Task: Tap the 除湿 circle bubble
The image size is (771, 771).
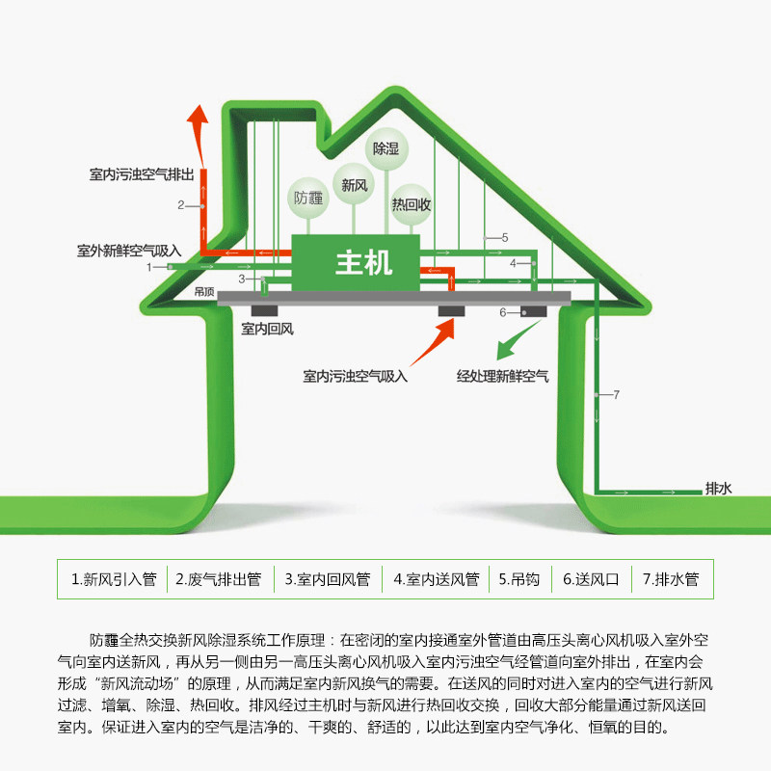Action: point(385,150)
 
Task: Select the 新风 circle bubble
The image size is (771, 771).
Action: point(350,182)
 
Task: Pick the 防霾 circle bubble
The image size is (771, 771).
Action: point(309,199)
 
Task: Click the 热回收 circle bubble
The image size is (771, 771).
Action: point(411,204)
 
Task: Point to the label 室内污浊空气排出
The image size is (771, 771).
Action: point(142,175)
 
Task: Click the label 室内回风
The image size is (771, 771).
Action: point(267,330)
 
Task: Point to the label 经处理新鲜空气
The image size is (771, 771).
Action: point(502,377)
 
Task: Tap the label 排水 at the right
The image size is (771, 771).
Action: point(719,489)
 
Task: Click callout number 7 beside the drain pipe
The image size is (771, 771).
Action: point(616,394)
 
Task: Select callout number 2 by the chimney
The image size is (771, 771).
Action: point(180,204)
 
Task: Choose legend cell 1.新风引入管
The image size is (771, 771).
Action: point(114,580)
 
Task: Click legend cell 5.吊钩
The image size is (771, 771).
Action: point(518,580)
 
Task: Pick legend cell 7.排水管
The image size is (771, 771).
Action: point(671,580)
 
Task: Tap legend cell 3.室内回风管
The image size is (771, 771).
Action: point(328,580)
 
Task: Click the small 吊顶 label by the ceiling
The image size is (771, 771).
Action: point(203,290)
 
